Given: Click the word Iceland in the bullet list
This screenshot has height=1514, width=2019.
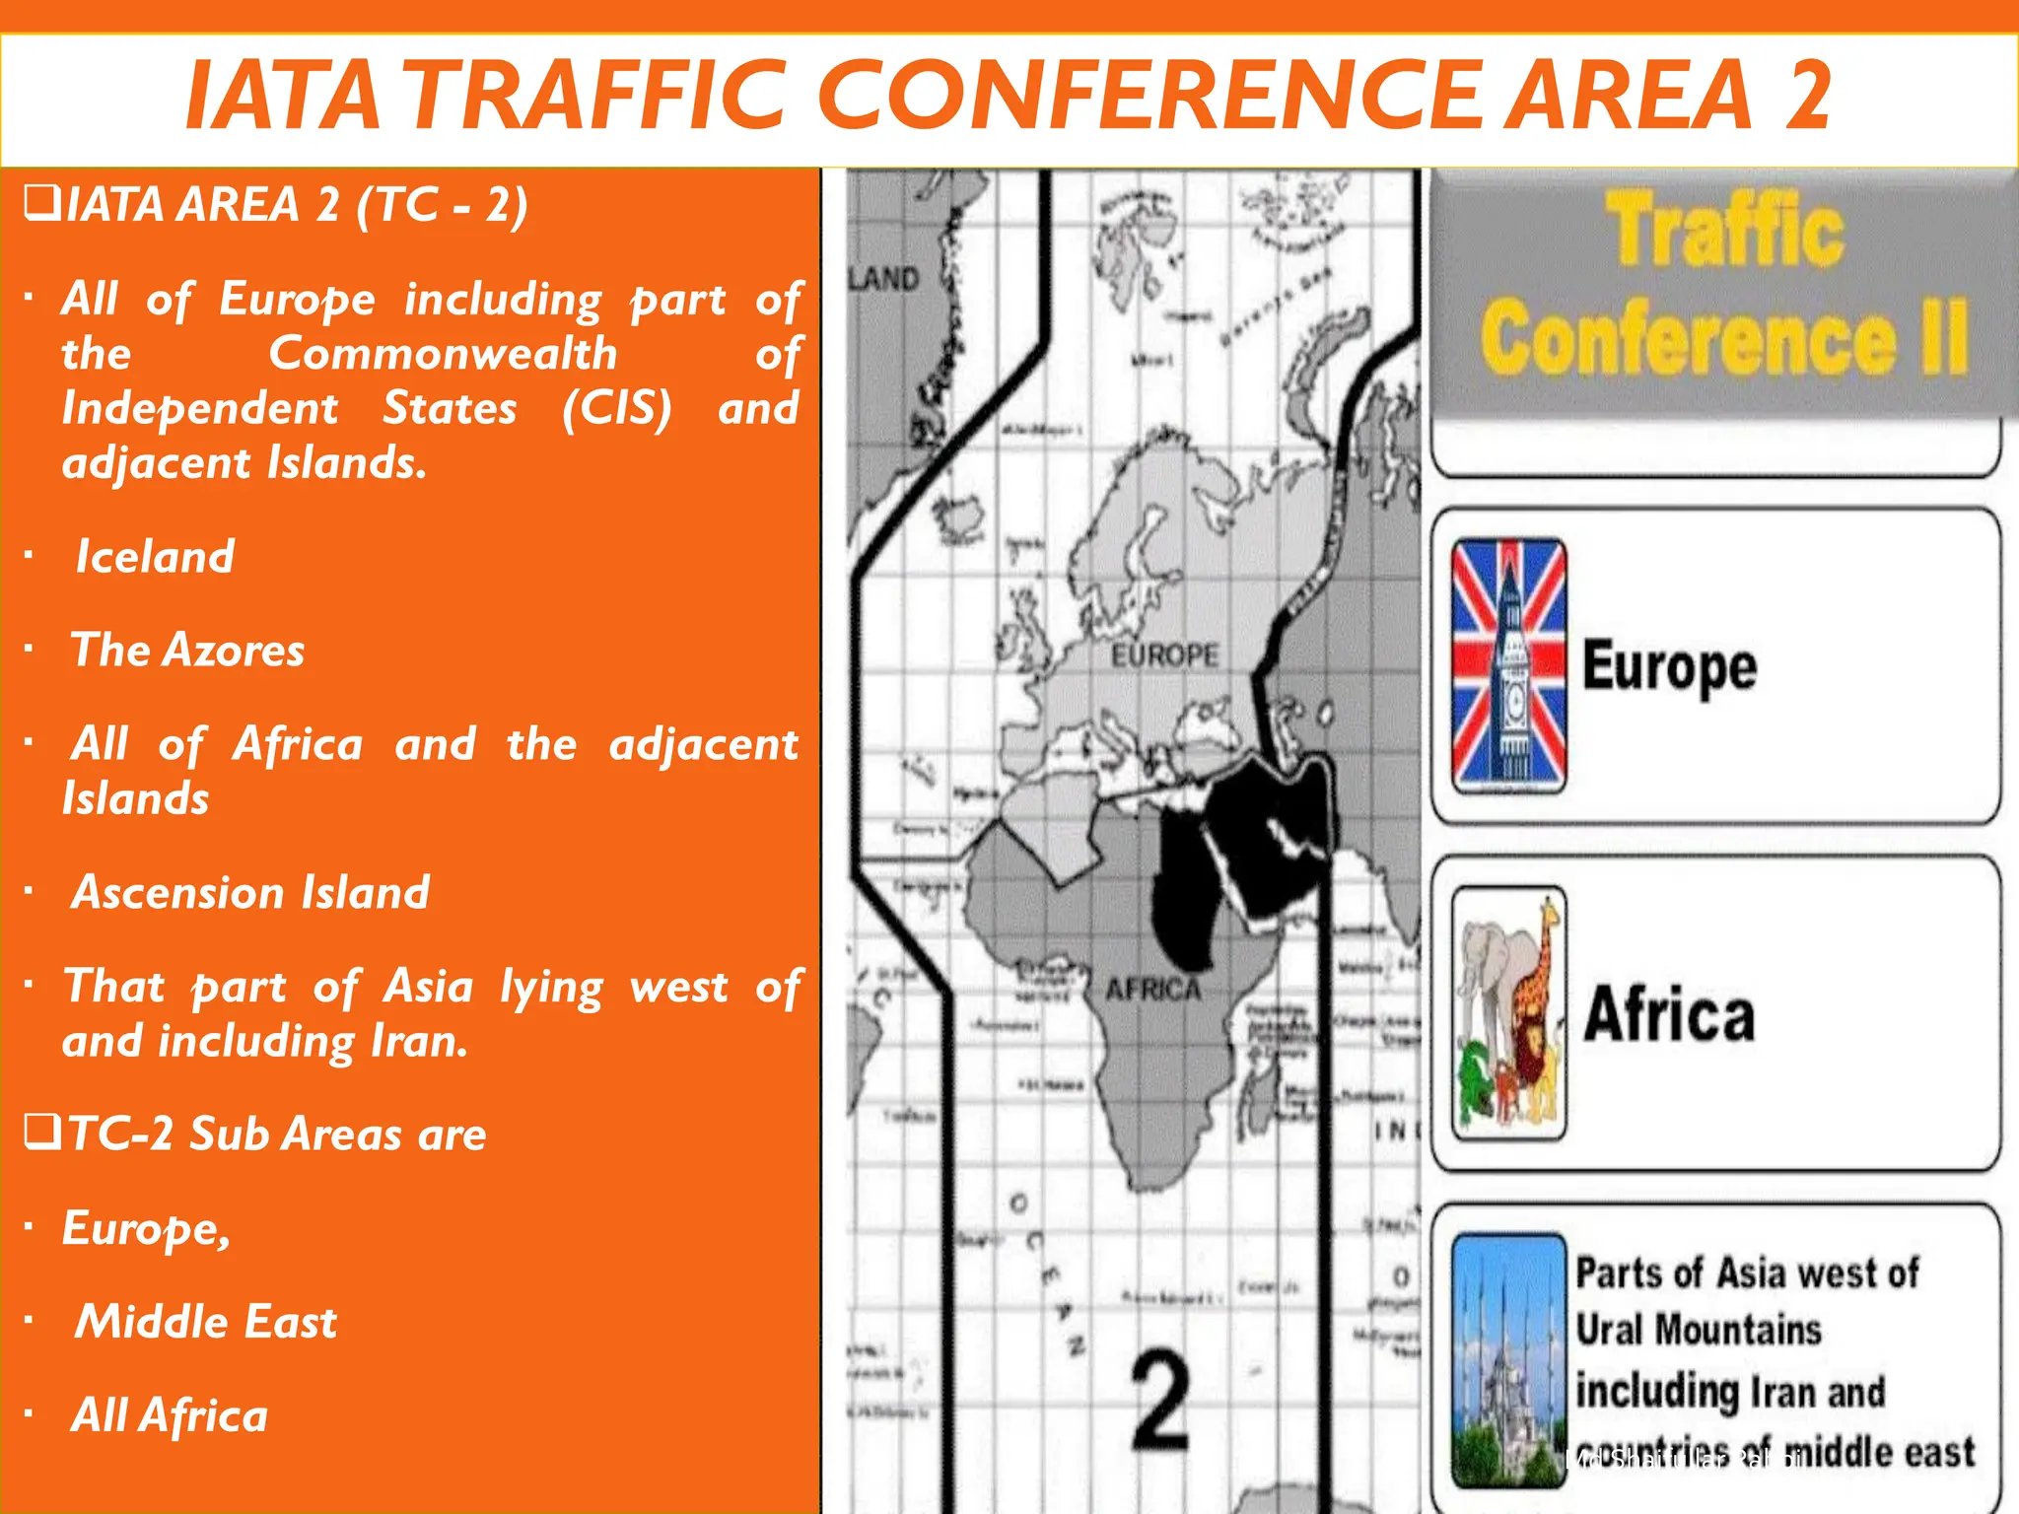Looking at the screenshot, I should [156, 557].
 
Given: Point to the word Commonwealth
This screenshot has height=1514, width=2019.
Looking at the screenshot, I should [443, 354].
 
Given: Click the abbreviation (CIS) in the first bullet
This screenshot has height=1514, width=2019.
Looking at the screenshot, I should [617, 408].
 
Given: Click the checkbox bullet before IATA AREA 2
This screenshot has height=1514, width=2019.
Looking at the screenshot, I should [41, 203].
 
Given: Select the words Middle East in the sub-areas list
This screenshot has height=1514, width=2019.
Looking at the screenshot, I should [206, 1322].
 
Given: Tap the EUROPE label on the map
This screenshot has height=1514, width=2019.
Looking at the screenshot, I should [1164, 655].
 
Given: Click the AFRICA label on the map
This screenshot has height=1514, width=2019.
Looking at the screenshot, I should [1152, 989].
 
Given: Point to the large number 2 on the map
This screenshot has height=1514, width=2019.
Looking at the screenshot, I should [1160, 1400].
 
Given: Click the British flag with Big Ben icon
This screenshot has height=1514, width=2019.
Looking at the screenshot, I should [1508, 665].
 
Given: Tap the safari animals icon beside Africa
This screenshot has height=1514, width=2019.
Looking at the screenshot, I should [1508, 1012].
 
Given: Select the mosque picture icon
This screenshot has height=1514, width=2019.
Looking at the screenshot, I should [1508, 1360].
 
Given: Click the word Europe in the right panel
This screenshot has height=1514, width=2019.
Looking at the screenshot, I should [1669, 668].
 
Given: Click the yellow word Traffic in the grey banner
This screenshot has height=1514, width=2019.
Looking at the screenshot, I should [1725, 230].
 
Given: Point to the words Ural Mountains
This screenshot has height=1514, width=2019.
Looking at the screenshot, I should [1698, 1330].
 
